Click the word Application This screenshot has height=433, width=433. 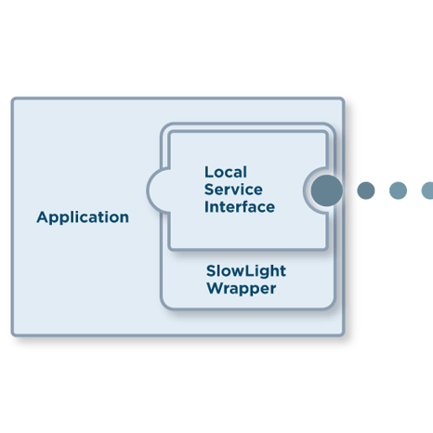click(83, 218)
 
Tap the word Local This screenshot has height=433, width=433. click(226, 172)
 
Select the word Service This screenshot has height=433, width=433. click(233, 190)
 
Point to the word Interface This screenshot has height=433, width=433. click(240, 207)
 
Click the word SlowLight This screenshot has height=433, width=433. click(246, 271)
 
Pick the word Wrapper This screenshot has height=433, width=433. click(242, 289)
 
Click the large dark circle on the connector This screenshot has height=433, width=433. click(327, 190)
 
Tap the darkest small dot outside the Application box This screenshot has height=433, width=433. click(366, 190)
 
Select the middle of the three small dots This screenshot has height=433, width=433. click(398, 190)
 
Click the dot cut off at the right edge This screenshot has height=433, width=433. click(428, 190)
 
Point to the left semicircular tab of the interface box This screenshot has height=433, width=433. click(158, 190)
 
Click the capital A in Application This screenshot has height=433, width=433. click(43, 217)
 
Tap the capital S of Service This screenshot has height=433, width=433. click(210, 190)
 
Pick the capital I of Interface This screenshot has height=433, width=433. click(206, 207)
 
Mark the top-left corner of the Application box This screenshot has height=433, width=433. click(12, 98)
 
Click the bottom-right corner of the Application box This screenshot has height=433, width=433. click(345, 335)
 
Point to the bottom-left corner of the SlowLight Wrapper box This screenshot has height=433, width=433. click(161, 309)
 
